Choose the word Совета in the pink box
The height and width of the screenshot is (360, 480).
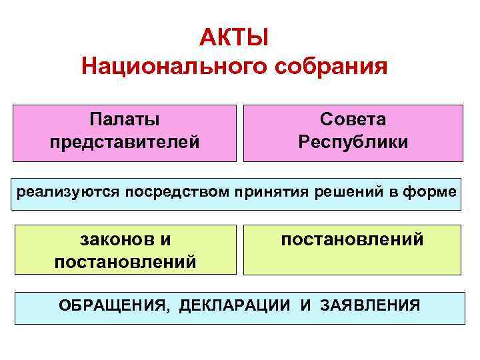tap(353, 119)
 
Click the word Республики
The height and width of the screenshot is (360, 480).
tap(353, 142)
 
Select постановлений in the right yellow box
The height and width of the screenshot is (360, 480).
tap(352, 239)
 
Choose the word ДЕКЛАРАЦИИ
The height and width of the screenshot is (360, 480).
tap(235, 306)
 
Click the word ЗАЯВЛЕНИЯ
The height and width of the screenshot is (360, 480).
tap(370, 306)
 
